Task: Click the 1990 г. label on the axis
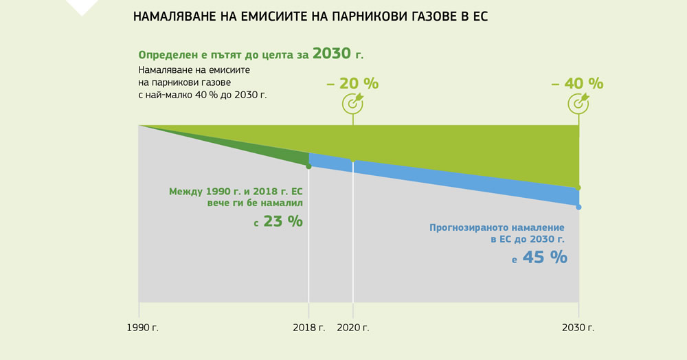[143, 328]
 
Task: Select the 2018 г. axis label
[308, 328]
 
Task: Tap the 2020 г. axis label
[353, 328]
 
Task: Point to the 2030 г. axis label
[578, 328]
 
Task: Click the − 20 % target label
[352, 84]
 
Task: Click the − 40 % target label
[578, 84]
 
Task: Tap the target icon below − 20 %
[352, 103]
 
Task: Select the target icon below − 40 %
[578, 103]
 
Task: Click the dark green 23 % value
[283, 222]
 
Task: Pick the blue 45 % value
[544, 258]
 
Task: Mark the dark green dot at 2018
[308, 166]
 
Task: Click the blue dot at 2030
[578, 207]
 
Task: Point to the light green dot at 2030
[578, 188]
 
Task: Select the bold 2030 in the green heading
[337, 54]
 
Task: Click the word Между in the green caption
[185, 192]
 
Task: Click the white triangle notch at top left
[81, 6]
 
